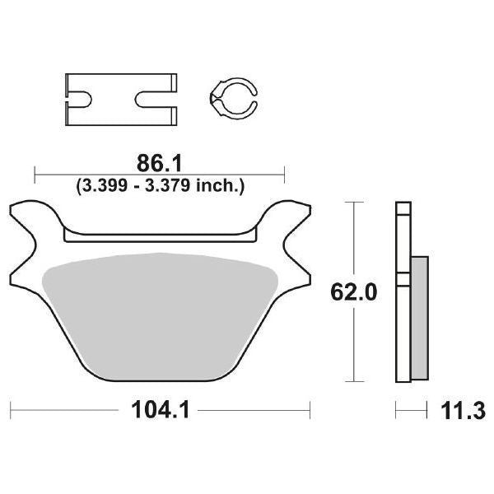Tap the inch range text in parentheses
[x=159, y=188]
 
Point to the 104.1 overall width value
[x=160, y=408]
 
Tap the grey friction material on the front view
[x=161, y=313]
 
